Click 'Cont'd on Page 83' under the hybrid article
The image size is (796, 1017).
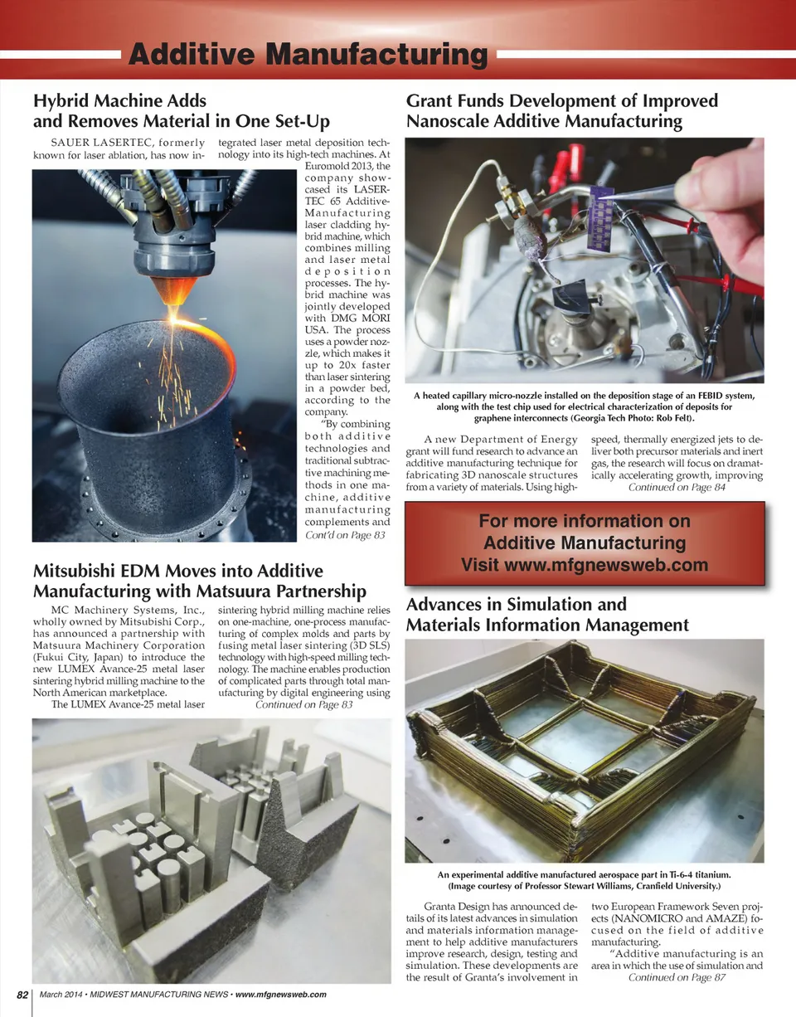(345, 536)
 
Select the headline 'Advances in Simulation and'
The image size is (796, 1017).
(516, 604)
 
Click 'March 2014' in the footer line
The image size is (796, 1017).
(63, 995)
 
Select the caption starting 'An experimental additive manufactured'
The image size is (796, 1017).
(584, 875)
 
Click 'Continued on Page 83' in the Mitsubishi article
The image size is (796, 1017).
(304, 704)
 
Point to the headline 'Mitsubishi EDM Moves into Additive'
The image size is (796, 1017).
(177, 572)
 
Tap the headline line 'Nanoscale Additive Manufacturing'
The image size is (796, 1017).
(543, 123)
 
